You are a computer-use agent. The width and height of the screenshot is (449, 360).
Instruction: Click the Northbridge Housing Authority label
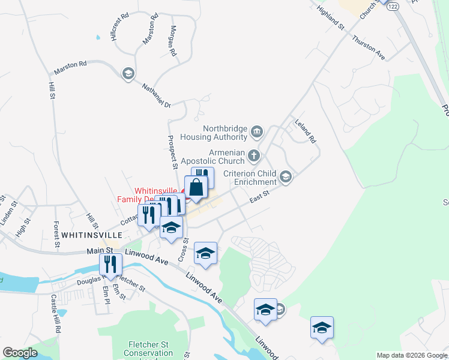pos(226,133)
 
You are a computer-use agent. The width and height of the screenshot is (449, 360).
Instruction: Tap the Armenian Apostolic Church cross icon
pos(254,157)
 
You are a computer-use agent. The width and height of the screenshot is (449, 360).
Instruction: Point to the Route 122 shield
pos(393,5)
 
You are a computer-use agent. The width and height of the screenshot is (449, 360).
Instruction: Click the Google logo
pos(20,353)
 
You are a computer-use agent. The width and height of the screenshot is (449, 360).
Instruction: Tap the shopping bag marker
pos(196,188)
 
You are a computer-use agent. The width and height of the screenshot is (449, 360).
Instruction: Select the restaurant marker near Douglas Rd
pos(110,264)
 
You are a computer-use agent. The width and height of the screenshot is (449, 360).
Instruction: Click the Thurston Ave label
pos(369,46)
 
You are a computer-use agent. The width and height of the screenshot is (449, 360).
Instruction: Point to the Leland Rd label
pos(305,130)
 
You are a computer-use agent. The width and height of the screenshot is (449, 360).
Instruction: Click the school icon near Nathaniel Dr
pos(127,73)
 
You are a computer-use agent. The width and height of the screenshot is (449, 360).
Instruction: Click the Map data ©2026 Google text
pos(411,355)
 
